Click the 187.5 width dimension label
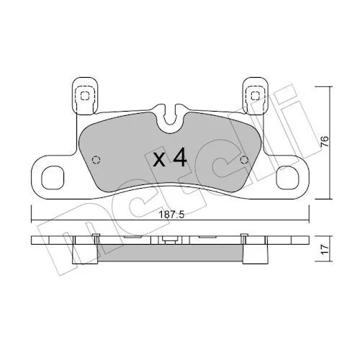(x=171, y=215)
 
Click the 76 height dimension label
(x=324, y=142)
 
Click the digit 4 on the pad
(x=180, y=157)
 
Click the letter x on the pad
(x=159, y=161)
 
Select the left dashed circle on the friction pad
(x=96, y=160)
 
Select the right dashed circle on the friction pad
(x=244, y=160)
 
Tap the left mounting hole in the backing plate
(x=53, y=177)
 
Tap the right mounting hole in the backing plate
(x=287, y=177)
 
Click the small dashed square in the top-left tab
(x=84, y=96)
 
